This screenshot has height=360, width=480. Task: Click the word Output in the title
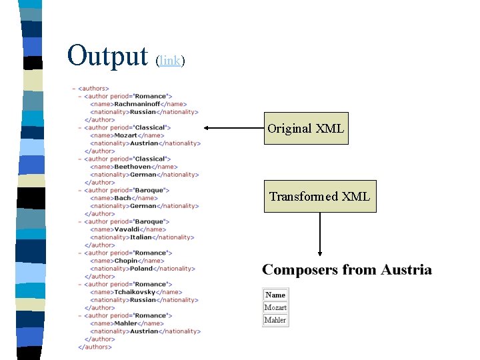[x=107, y=56]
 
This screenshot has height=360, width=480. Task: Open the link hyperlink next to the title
[x=170, y=61]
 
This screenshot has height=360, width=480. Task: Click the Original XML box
[x=306, y=129]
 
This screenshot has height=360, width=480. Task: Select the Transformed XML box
[x=319, y=196]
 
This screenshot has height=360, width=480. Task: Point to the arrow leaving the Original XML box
[x=233, y=127]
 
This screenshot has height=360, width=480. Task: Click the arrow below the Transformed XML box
[x=321, y=234]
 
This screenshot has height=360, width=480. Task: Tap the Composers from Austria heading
[x=347, y=270]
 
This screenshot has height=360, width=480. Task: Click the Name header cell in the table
[x=275, y=295]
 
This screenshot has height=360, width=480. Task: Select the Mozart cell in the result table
[x=275, y=307]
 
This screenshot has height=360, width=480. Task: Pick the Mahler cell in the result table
[x=275, y=320]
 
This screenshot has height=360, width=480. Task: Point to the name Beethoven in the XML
[x=132, y=167]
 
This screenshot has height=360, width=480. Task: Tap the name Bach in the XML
[x=123, y=198]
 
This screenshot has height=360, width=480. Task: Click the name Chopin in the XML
[x=126, y=261]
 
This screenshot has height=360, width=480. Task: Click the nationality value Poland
[x=141, y=269]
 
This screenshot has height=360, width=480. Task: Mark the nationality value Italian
[x=141, y=237]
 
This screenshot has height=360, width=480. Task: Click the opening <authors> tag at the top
[x=93, y=88]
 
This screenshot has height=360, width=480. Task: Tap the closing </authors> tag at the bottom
[x=95, y=347]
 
